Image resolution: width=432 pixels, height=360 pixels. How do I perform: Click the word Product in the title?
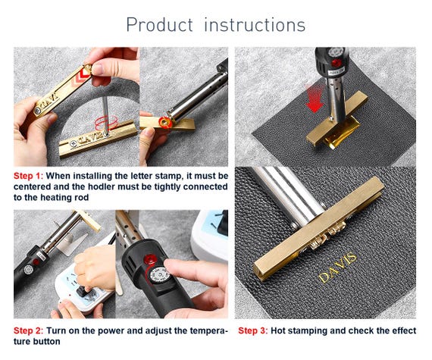(x=159, y=25)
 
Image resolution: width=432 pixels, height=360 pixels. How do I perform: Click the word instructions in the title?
(x=255, y=25)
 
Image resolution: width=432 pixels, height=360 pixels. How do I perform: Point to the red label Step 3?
(x=253, y=330)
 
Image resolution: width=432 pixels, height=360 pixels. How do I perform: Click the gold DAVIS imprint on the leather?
(x=337, y=268)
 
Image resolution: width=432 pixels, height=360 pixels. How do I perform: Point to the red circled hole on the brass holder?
(x=164, y=122)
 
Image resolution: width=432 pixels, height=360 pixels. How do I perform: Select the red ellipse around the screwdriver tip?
(x=106, y=123)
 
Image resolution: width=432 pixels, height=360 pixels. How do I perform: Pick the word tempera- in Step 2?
(x=207, y=330)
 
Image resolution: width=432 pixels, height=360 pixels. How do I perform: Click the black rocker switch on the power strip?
(x=83, y=290)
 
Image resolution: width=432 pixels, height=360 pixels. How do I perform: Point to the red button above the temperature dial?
(x=149, y=260)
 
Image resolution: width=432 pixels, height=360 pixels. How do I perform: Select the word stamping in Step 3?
(x=304, y=330)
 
